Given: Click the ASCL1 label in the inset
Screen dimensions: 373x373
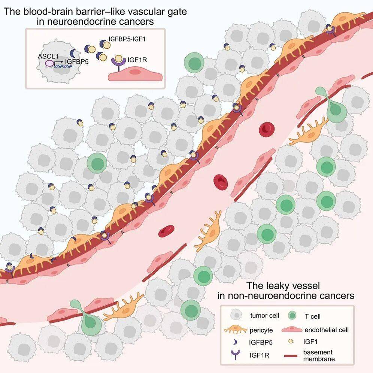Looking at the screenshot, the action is tap(48, 57).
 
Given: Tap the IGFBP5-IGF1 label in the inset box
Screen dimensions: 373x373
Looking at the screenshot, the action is tap(127, 39).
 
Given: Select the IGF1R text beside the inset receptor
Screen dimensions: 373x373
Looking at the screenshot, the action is tap(137, 60).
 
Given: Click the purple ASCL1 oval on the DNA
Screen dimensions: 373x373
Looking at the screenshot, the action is tap(49, 63).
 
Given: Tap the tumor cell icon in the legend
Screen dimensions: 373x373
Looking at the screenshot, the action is tap(236, 315).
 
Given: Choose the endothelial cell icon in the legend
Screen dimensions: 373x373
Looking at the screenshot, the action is tap(292, 330).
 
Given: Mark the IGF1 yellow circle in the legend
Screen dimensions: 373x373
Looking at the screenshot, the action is tap(291, 342).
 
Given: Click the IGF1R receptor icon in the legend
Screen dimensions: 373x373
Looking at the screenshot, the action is tap(235, 355).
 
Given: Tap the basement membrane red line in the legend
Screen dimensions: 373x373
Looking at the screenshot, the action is tap(291, 356).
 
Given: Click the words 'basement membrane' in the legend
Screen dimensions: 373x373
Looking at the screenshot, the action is tap(319, 355).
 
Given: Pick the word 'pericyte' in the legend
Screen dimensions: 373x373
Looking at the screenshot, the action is tap(261, 330).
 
